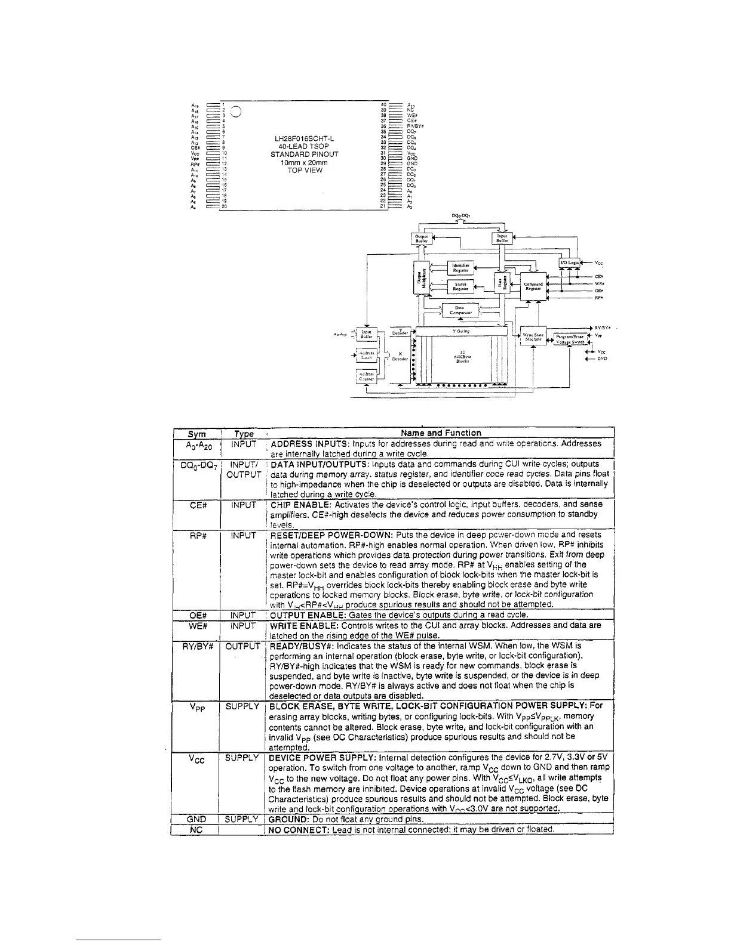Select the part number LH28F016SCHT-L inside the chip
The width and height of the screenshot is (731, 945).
pyautogui.click(x=304, y=139)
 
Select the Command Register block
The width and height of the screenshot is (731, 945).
pyautogui.click(x=533, y=286)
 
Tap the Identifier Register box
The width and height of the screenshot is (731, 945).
pyautogui.click(x=460, y=267)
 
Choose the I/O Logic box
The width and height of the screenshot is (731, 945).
pyautogui.click(x=569, y=262)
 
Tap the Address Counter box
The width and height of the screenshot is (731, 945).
pyautogui.click(x=366, y=375)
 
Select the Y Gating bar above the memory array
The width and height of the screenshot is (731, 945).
pyautogui.click(x=462, y=331)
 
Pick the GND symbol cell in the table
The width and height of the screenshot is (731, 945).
pyautogui.click(x=196, y=820)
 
